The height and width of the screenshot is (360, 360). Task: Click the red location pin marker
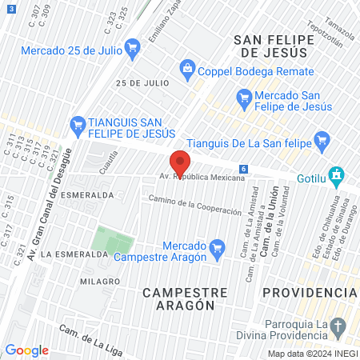[180, 163]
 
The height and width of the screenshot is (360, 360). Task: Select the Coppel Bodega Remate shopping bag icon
[187, 68]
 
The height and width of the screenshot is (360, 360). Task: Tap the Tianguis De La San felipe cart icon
[322, 140]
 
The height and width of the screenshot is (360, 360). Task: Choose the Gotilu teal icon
[337, 174]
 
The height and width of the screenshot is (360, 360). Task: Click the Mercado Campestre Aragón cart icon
[216, 250]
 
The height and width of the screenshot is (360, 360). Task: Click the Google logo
[27, 350]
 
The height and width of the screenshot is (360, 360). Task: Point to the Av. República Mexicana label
[202, 177]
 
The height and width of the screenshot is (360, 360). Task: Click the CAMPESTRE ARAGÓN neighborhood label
[178, 298]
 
